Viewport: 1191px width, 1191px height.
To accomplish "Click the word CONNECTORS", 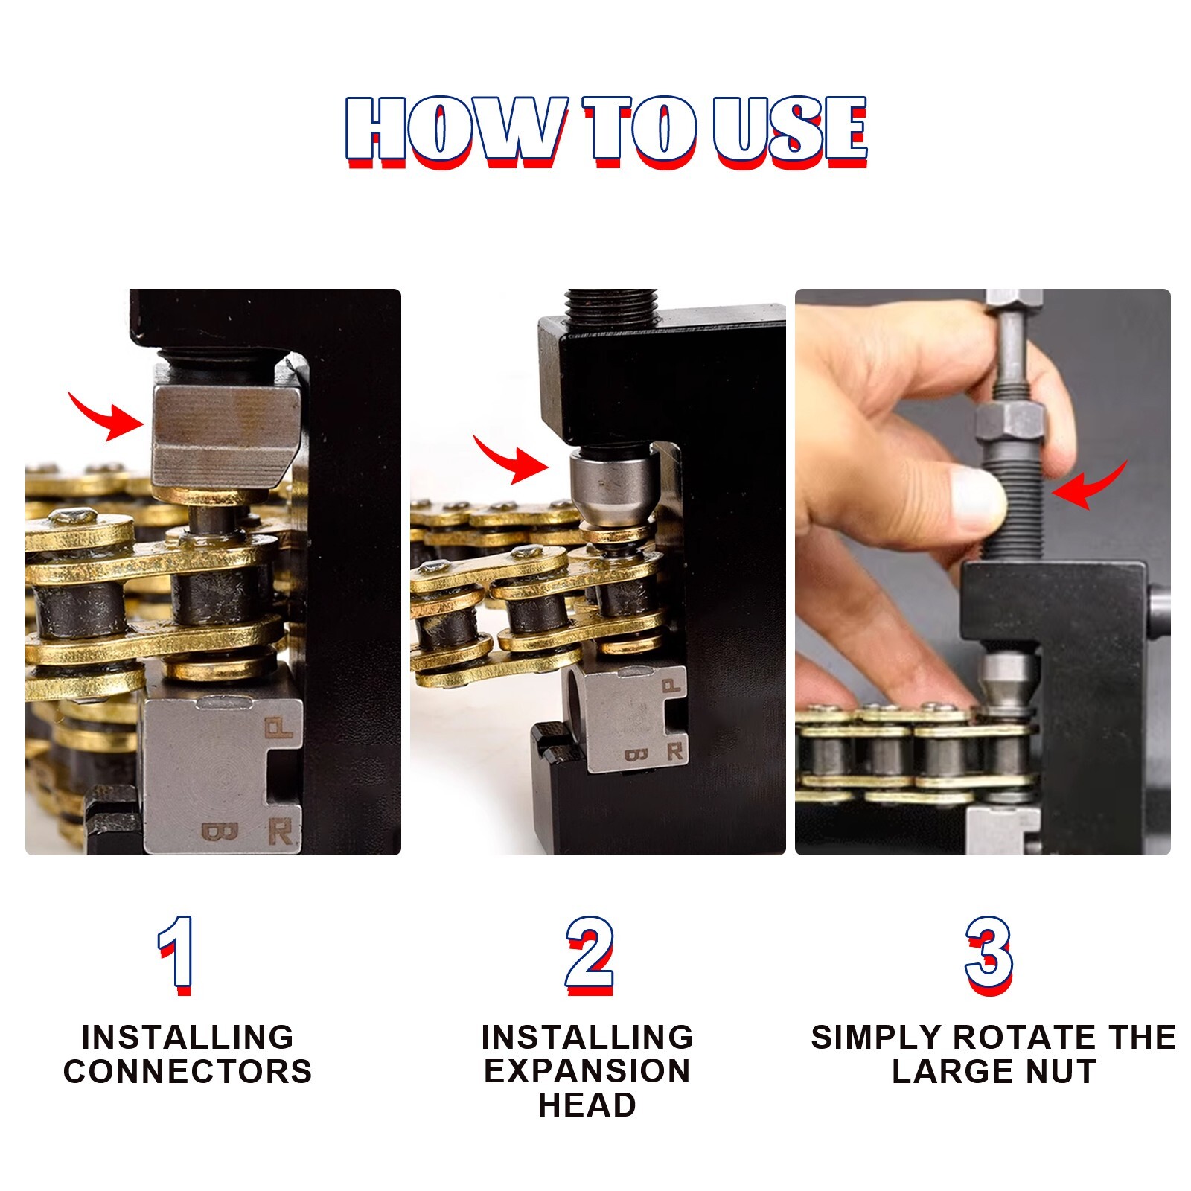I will coord(188,1071).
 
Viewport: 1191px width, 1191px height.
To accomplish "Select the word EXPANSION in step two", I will coord(587,1071).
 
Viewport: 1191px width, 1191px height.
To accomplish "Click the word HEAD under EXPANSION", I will coord(587,1105).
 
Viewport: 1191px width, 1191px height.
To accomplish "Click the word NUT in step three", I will coord(1061,1071).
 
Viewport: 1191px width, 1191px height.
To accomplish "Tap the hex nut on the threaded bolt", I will coord(1009,426).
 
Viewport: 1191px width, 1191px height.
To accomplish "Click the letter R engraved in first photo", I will coord(280,831).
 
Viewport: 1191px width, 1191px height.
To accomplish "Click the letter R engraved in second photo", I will coord(674,752).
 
